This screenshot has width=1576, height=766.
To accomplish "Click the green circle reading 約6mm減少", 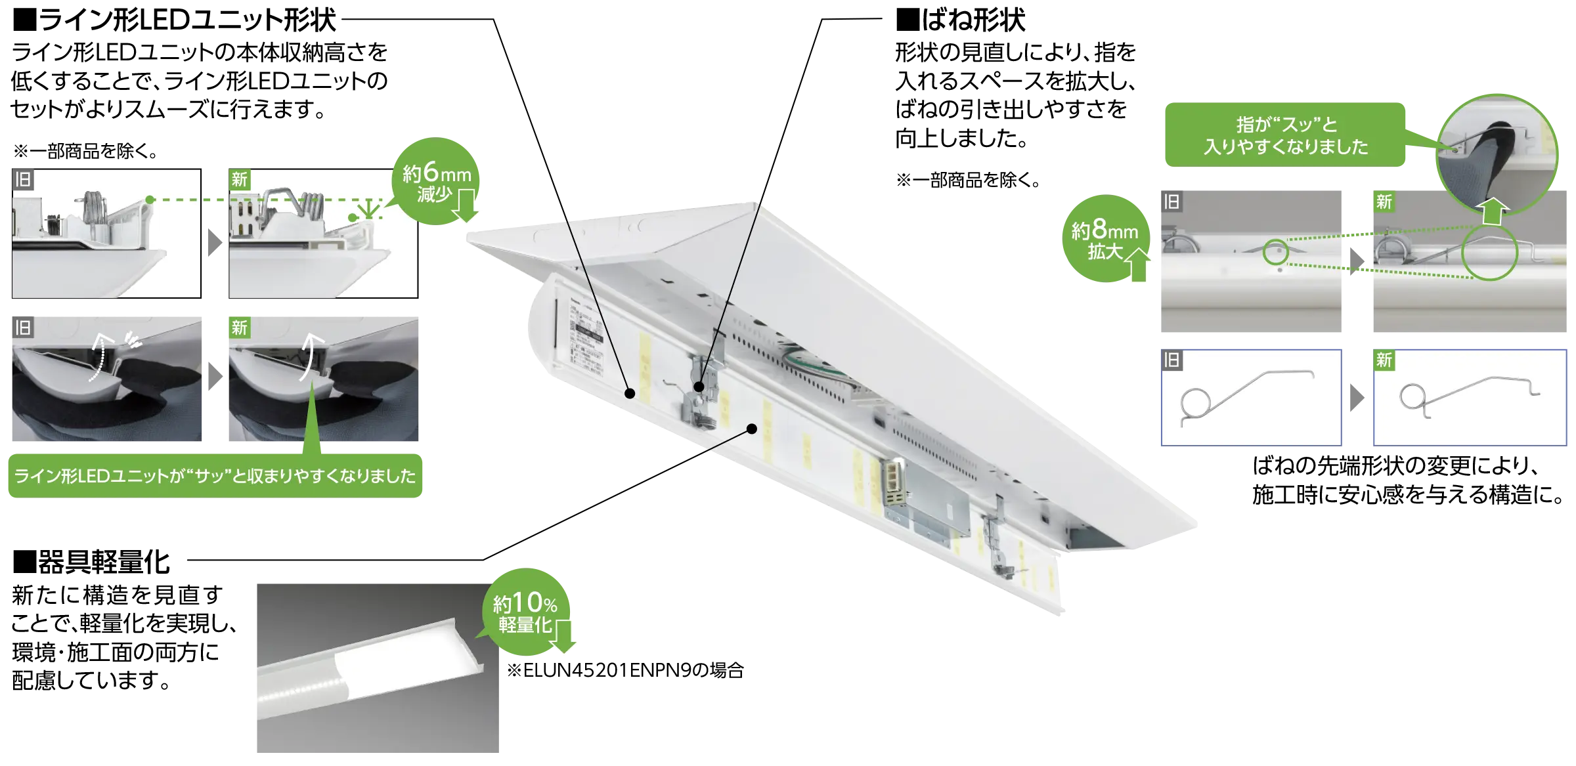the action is [436, 181].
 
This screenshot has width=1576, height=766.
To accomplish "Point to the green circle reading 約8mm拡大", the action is [1106, 238].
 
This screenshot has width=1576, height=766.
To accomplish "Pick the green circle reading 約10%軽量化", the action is [526, 612].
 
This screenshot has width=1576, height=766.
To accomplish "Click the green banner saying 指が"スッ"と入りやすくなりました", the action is [1285, 135].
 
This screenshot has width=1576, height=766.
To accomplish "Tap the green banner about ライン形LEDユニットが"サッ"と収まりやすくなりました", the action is [215, 475].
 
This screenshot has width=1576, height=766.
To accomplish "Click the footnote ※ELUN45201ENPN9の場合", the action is [625, 670].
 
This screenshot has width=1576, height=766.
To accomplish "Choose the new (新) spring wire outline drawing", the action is [1470, 397].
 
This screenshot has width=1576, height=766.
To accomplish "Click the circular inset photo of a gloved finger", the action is [1497, 155].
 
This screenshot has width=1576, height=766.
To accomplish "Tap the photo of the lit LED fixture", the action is [378, 668].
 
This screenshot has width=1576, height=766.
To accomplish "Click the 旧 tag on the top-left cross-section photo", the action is [23, 179].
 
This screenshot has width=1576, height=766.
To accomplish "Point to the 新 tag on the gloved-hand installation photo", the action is [239, 327].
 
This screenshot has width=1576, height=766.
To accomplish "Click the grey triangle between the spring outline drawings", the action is [1357, 398].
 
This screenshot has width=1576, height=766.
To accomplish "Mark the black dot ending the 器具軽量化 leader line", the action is [752, 429].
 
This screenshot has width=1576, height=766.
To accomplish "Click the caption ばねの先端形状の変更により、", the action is [1396, 465].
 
